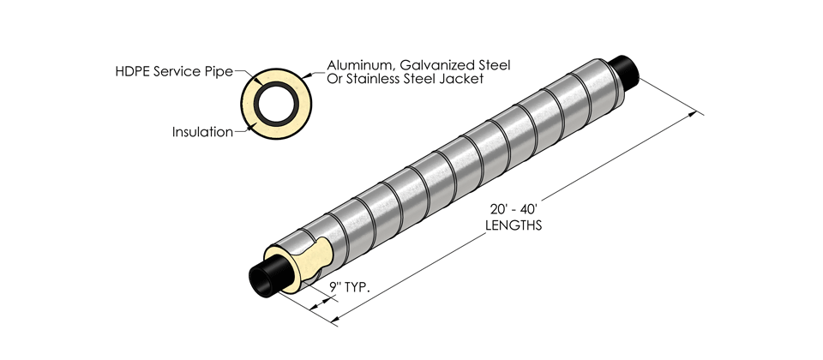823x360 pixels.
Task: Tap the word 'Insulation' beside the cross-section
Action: tap(202, 132)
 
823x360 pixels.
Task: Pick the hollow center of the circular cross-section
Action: tap(276, 100)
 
